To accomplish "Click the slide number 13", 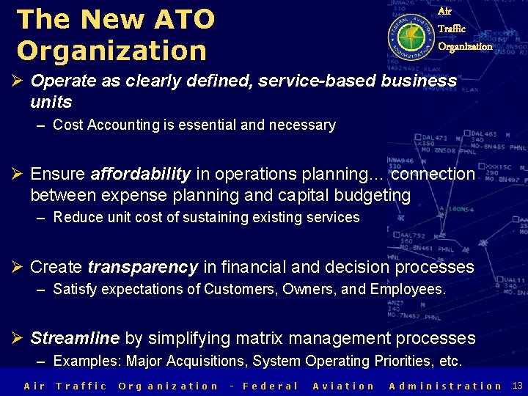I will [517, 386].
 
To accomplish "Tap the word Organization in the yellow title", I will [111, 51].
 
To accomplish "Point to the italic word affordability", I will [140, 175].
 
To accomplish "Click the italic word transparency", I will [142, 268].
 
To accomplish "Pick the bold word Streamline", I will [75, 339].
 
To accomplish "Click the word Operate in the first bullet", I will [62, 81].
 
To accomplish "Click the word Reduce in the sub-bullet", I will [77, 218].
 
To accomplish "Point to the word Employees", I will [407, 290].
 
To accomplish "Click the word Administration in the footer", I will [445, 386].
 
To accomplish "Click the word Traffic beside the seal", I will [452, 29].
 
